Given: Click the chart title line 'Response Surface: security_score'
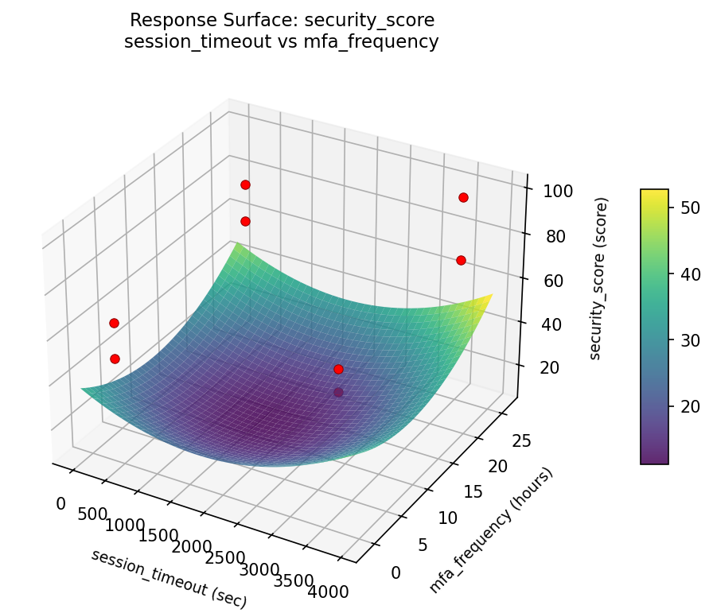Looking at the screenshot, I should point(282,20).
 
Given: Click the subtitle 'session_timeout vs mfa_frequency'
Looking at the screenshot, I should point(282,42).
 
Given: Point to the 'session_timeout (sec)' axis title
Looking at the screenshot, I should point(169,578).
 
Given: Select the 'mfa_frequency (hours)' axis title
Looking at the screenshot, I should point(490,530).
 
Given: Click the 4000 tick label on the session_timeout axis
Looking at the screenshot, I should point(328,592).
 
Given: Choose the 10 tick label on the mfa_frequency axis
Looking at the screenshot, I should point(448,518).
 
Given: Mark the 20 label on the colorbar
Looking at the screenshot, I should point(689,406).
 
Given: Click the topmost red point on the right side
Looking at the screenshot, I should point(463,197).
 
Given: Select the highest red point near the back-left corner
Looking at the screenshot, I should point(245,184).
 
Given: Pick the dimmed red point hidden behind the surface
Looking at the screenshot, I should point(338,392).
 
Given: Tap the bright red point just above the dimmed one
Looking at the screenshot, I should point(338,369).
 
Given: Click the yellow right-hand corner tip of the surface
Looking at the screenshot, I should point(490,296).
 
